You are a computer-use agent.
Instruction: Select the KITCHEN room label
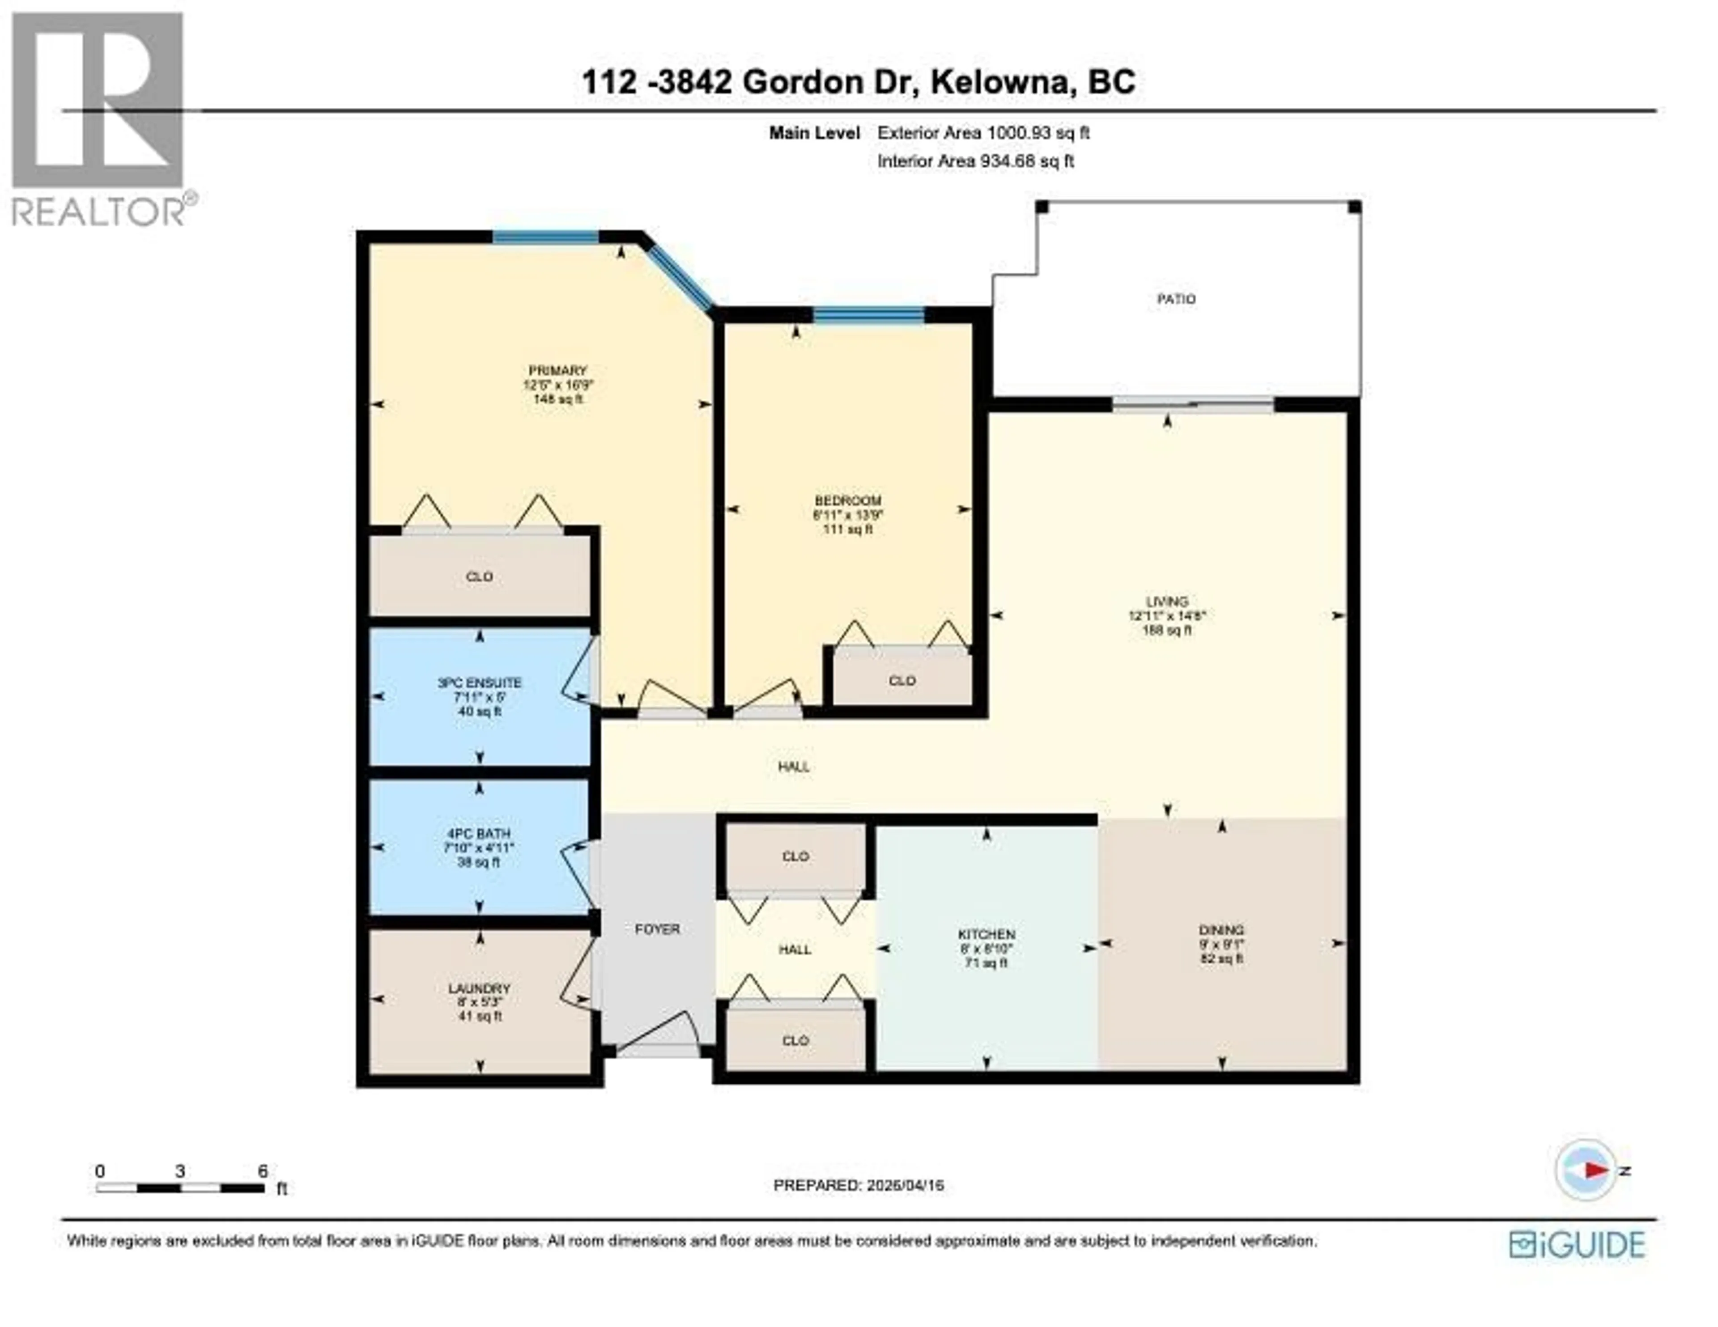987,934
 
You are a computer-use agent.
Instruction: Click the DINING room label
1222,930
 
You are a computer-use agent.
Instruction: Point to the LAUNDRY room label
479,989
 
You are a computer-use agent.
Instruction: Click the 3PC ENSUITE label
479,683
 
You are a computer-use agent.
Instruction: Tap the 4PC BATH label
479,833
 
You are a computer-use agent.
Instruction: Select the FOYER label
657,929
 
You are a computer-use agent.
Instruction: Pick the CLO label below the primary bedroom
479,577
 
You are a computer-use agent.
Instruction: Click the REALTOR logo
98,118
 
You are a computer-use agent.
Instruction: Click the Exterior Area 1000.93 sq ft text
983,133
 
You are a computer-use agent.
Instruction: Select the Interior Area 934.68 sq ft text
975,161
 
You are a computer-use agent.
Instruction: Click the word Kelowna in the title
1003,82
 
